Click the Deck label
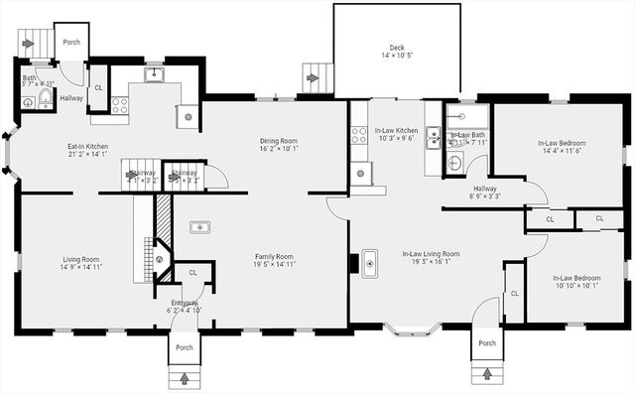(x=397, y=47)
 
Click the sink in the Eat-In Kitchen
(x=153, y=73)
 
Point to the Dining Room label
(x=278, y=142)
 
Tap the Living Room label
(x=80, y=257)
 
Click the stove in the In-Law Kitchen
(x=359, y=134)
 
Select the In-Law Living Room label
(x=431, y=254)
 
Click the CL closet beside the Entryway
(x=192, y=272)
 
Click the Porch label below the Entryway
(x=185, y=347)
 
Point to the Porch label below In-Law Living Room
(x=486, y=343)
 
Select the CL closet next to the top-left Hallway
(x=97, y=87)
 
